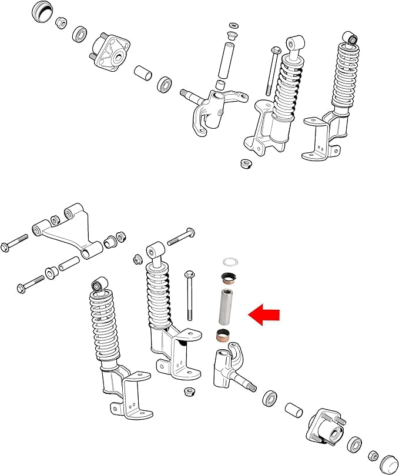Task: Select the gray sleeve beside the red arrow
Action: coord(227,306)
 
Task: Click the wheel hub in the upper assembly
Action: coord(111,52)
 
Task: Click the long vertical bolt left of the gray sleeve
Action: coord(189,300)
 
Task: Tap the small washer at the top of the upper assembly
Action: coord(233,26)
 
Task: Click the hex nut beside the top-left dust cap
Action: coord(61,23)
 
